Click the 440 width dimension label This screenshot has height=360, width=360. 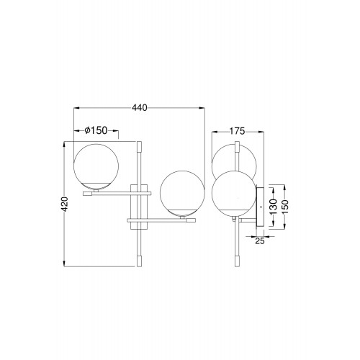tap(140, 108)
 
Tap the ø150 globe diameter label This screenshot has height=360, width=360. tap(96, 130)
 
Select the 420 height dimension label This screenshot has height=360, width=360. tap(65, 204)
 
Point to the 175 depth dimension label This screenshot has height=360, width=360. tap(238, 131)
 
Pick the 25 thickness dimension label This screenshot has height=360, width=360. tap(260, 240)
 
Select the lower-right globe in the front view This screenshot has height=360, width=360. tap(182, 193)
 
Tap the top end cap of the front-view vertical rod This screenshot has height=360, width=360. tap(139, 146)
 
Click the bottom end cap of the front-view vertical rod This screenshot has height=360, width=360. tap(139, 261)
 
